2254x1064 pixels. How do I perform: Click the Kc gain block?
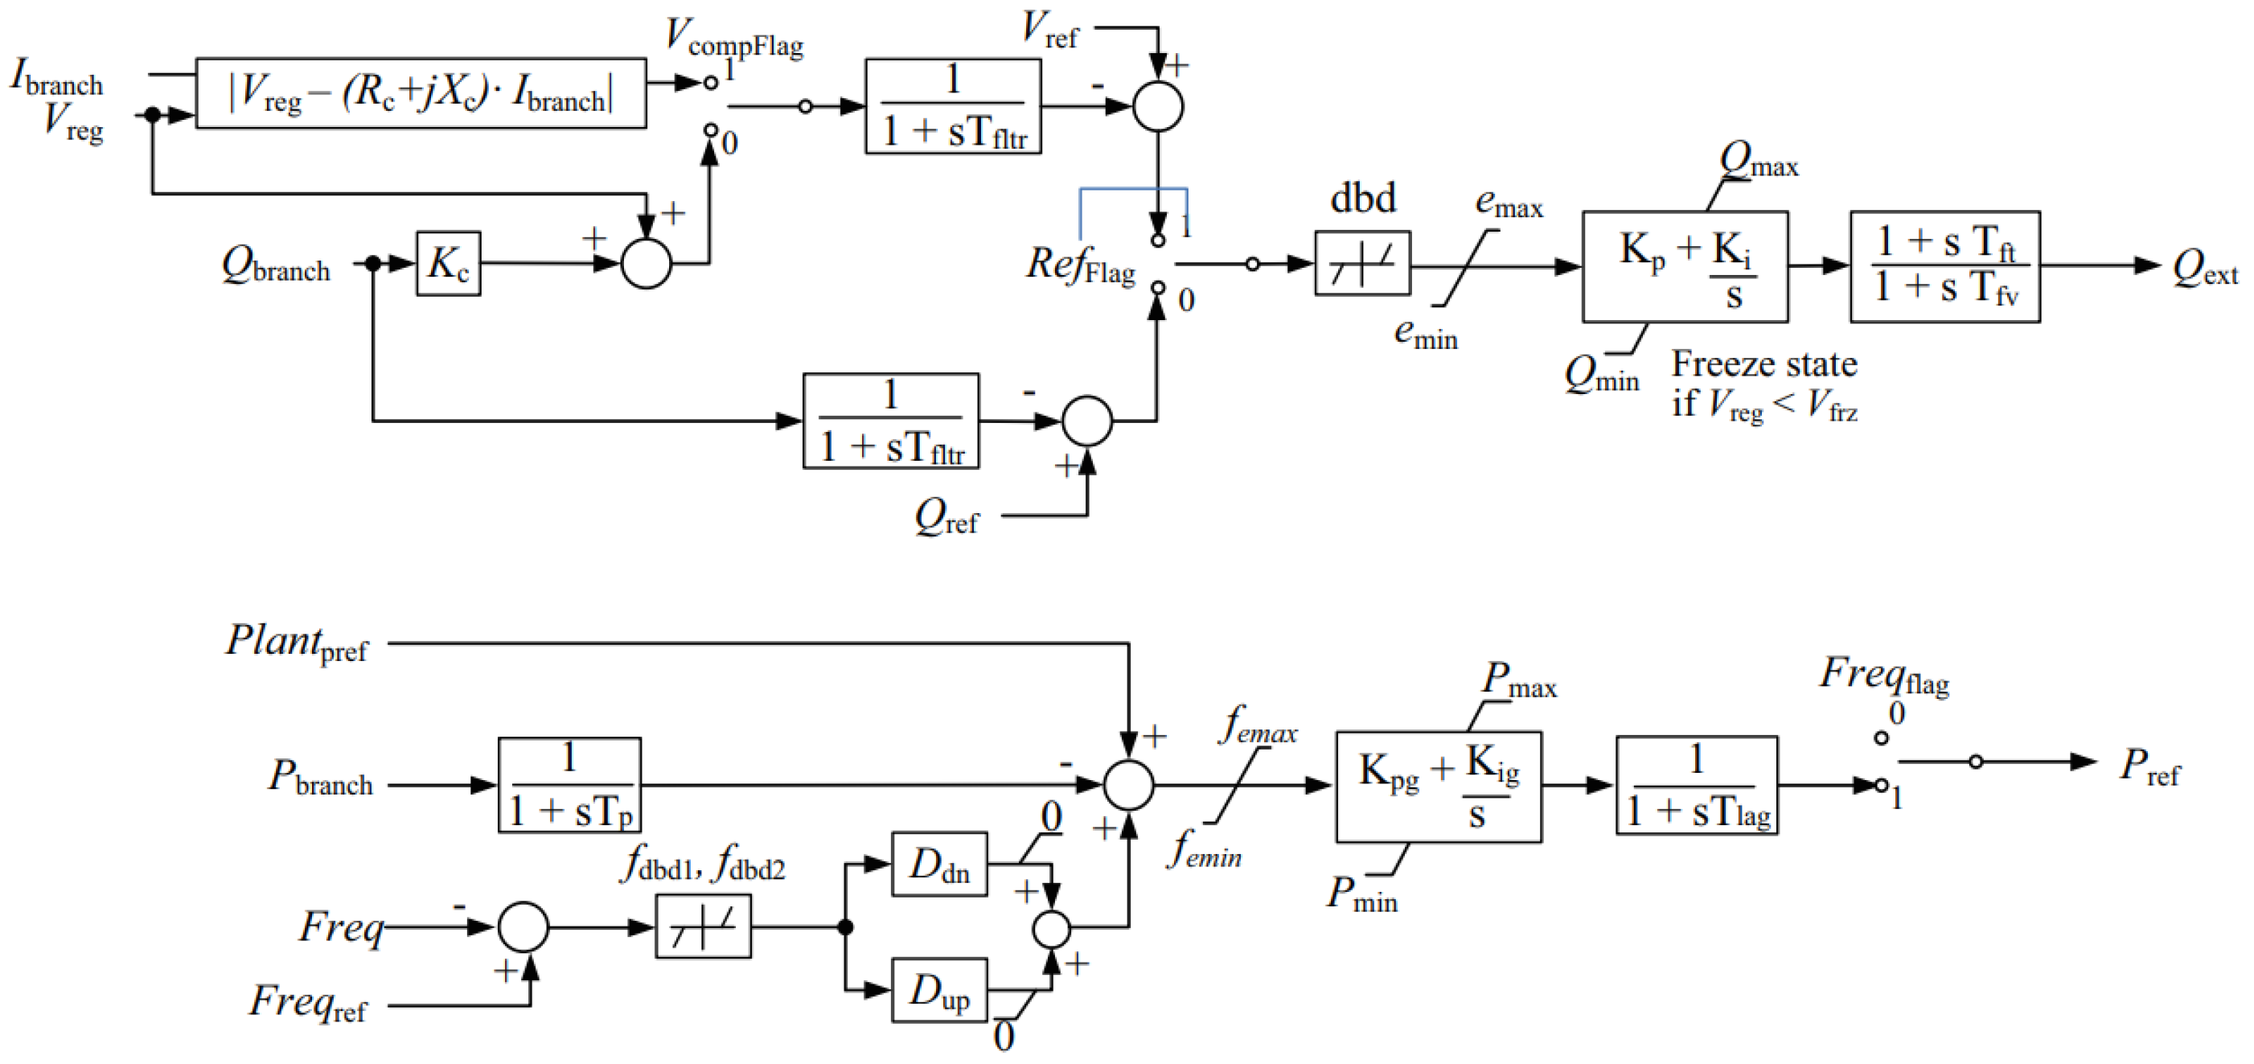tap(448, 263)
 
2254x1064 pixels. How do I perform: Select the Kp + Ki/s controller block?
tap(1684, 266)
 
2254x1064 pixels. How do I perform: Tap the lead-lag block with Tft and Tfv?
tap(1944, 266)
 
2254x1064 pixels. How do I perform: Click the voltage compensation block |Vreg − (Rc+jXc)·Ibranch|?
tap(421, 92)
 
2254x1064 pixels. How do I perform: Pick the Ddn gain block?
tap(939, 864)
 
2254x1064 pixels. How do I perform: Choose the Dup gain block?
tap(939, 990)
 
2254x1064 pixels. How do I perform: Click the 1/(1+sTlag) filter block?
tap(1696, 785)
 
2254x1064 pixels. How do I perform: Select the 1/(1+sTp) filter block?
tap(569, 785)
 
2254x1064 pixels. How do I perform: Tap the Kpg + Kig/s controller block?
tap(1438, 787)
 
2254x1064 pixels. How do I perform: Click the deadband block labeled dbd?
tap(1361, 263)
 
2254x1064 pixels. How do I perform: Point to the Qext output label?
tap(2203, 268)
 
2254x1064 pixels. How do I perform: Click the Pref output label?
tap(2149, 766)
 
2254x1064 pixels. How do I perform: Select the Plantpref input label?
tap(297, 643)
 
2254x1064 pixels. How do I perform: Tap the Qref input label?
tap(946, 517)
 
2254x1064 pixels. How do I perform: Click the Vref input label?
tap(1050, 30)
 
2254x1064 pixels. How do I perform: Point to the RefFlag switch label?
tap(1080, 265)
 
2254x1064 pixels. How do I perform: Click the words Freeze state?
tap(1763, 364)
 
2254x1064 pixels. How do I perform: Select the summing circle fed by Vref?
tap(1158, 107)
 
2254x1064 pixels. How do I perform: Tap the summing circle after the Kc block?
tap(646, 263)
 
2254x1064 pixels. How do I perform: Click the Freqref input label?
tap(308, 1003)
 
